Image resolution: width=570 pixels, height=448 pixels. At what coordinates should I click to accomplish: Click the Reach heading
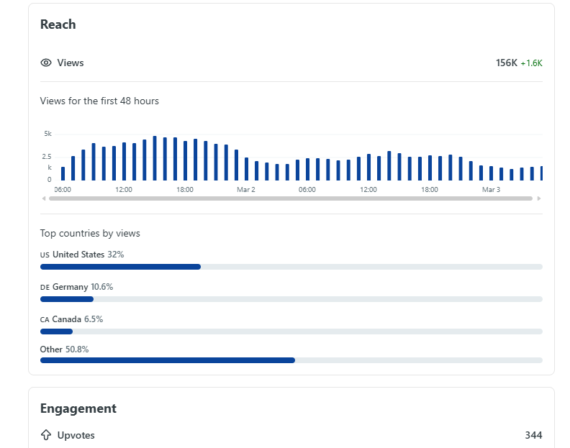(58, 24)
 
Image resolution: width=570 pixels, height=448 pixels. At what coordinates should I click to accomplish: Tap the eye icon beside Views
(46, 63)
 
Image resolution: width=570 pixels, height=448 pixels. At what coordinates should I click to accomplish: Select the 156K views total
(506, 63)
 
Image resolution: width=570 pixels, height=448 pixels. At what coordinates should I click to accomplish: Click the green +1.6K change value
(531, 63)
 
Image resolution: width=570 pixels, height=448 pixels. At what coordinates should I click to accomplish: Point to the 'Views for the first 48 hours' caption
(99, 101)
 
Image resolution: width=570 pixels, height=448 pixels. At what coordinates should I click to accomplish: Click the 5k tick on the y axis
(47, 134)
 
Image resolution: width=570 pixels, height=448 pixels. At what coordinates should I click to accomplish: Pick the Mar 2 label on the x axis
(246, 189)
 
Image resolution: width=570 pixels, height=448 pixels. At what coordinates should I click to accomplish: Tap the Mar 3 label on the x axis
(491, 189)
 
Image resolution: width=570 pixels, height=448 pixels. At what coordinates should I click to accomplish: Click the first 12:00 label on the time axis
(124, 189)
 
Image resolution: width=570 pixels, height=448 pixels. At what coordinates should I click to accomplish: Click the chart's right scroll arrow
(539, 198)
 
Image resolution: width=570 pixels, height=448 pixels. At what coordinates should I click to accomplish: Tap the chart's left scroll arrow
(44, 198)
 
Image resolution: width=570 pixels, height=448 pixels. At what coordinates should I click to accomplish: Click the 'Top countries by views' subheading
(90, 233)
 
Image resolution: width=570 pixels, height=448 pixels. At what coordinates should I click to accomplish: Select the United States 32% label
(82, 255)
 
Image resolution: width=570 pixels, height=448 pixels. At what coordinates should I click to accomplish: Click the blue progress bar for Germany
(67, 299)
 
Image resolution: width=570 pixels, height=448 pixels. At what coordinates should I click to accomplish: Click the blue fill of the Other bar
(167, 360)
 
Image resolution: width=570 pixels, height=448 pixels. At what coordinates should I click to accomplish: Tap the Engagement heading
(78, 408)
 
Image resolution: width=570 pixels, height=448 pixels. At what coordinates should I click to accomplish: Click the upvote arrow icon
(46, 435)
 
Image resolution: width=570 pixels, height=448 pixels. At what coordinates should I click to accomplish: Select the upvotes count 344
(533, 435)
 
